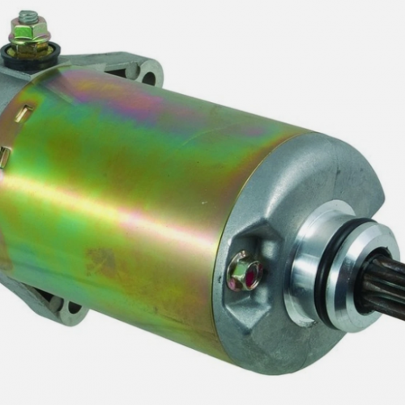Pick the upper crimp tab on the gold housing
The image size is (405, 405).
tap(23, 113)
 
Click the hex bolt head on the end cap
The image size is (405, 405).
tap(241, 271)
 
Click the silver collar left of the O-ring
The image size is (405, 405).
tap(304, 259)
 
